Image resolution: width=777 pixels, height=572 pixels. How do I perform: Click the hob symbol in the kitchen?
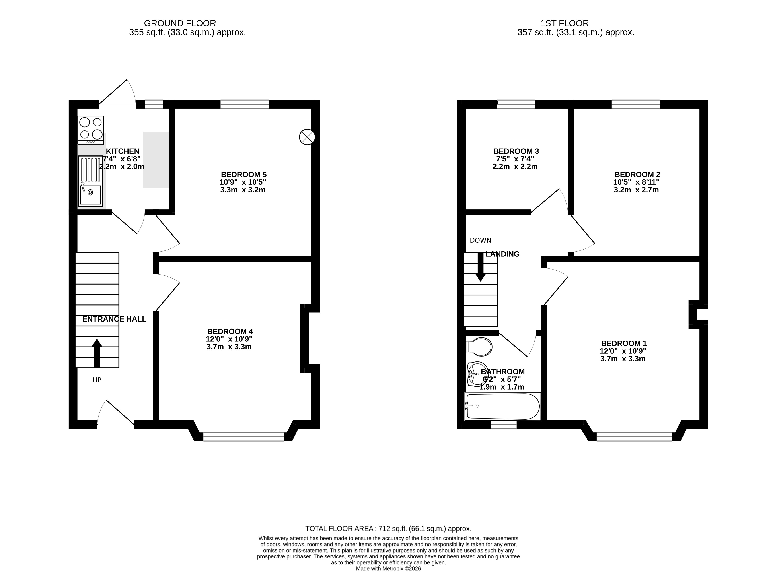91,130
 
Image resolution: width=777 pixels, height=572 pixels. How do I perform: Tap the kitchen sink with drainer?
90,181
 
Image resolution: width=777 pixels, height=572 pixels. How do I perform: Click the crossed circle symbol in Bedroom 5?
307,137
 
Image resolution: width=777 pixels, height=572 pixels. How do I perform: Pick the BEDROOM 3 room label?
516,151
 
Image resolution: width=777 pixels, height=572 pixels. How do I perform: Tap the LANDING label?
502,254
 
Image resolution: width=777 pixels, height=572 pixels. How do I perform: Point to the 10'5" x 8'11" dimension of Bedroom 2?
636,182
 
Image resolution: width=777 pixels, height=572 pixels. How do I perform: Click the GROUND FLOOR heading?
180,23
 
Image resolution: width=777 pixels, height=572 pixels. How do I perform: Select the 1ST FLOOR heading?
564,23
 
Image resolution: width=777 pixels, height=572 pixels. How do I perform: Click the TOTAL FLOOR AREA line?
388,529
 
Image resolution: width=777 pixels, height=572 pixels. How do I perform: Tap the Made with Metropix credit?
388,568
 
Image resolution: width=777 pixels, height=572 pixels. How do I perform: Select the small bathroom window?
504,425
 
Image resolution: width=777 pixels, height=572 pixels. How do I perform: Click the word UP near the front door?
97,380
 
